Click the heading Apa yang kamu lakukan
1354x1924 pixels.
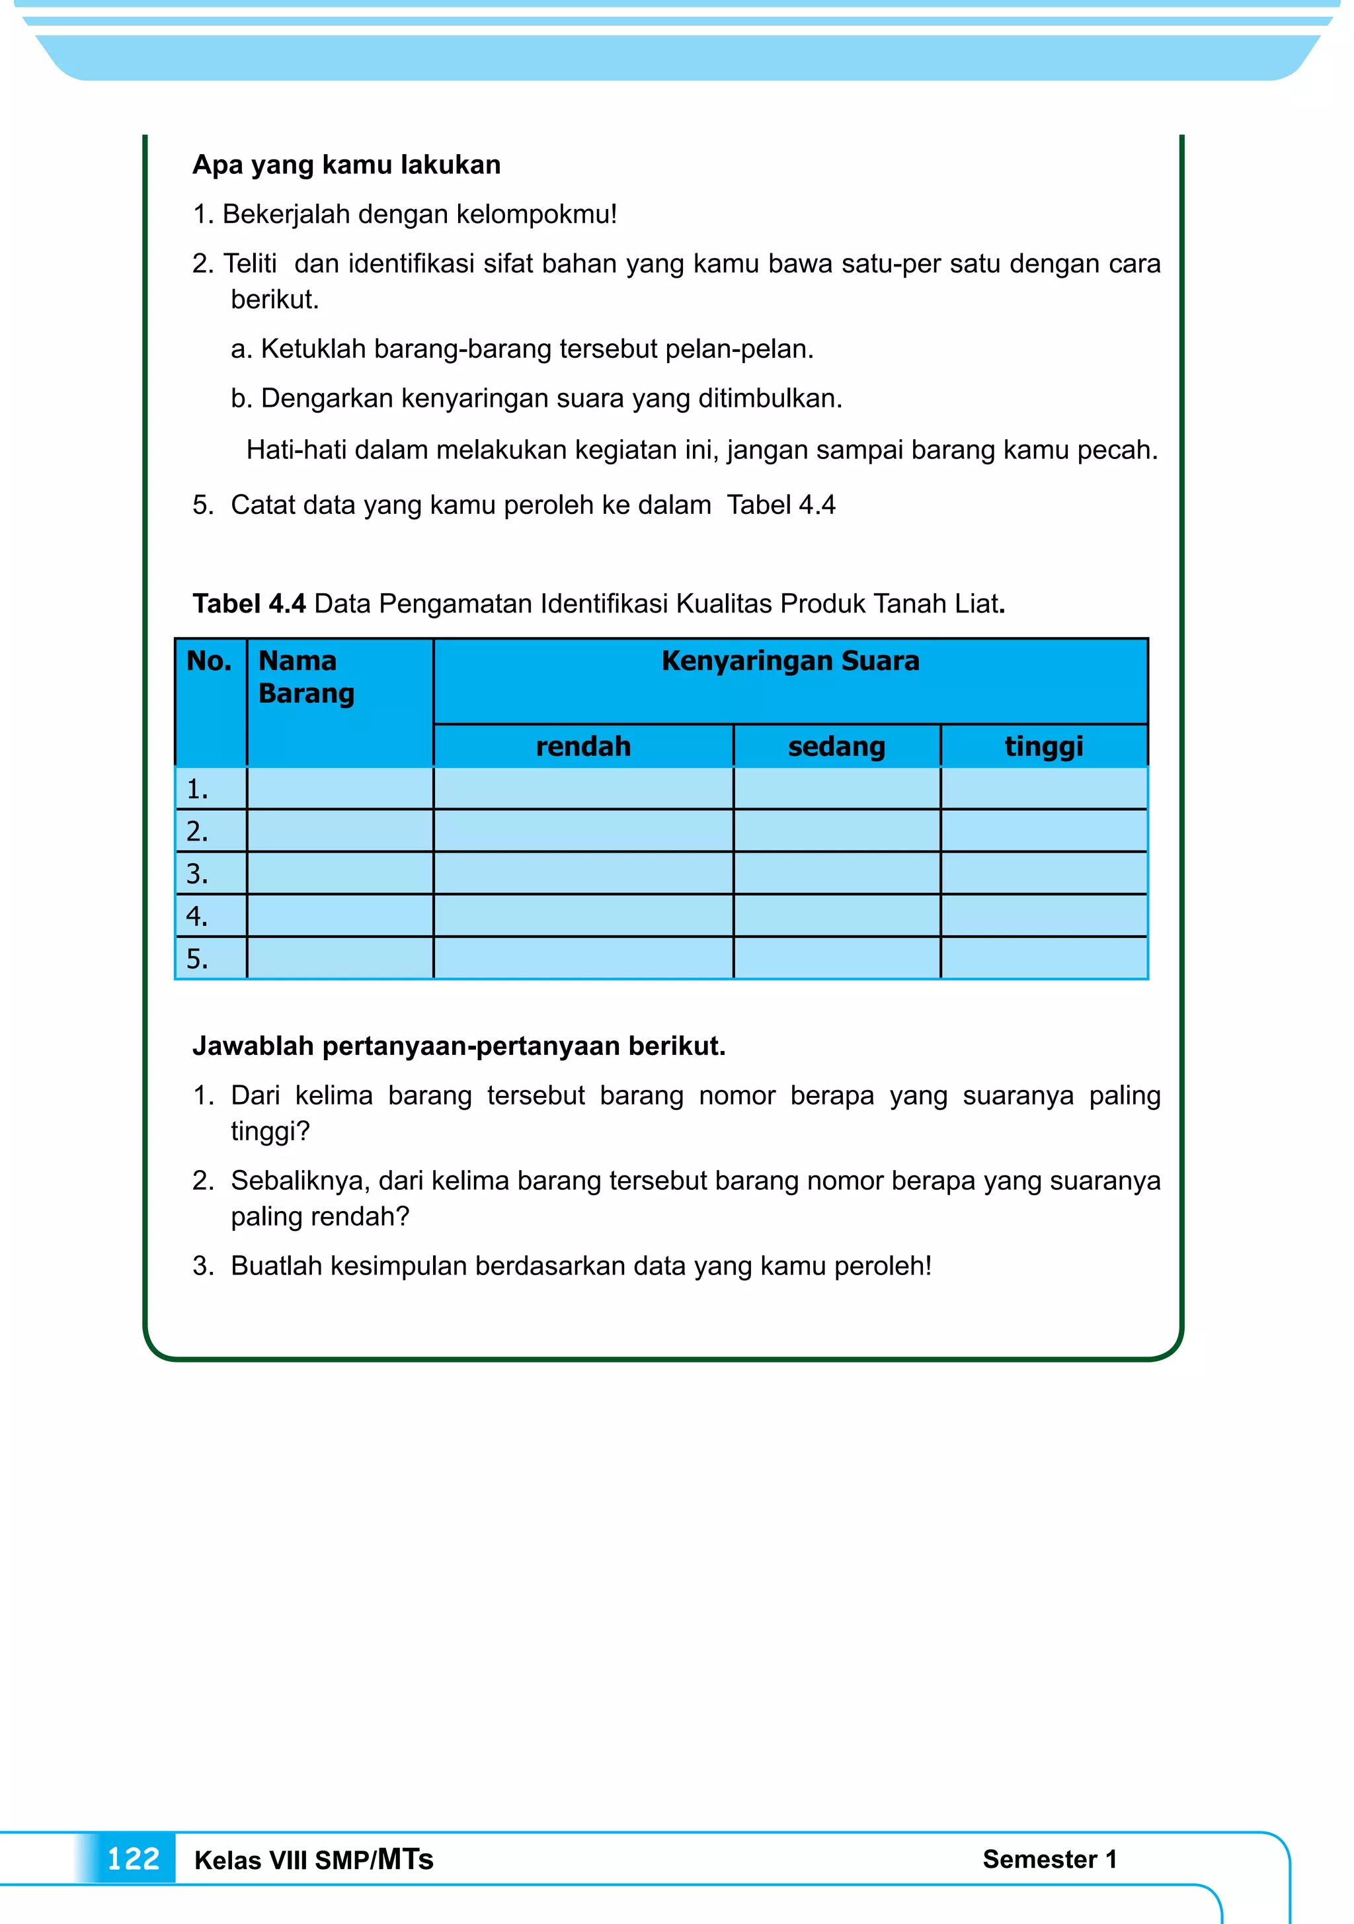tap(346, 165)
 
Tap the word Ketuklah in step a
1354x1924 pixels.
tap(313, 349)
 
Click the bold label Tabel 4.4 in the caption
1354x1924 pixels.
tap(249, 603)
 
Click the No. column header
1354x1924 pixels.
tap(210, 662)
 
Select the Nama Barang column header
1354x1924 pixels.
tap(306, 677)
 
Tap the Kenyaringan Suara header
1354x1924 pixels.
tap(790, 662)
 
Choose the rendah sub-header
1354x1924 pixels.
tap(583, 747)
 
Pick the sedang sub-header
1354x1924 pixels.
tap(836, 747)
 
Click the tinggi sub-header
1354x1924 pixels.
tap(1043, 747)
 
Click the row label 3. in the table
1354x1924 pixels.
tap(197, 874)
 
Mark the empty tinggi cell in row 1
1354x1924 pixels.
tap(1043, 788)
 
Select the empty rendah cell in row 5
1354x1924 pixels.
tap(583, 958)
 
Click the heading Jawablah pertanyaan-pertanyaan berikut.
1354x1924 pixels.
tap(458, 1046)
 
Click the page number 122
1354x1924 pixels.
tap(134, 1859)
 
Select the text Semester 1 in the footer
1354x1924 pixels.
tap(1049, 1859)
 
